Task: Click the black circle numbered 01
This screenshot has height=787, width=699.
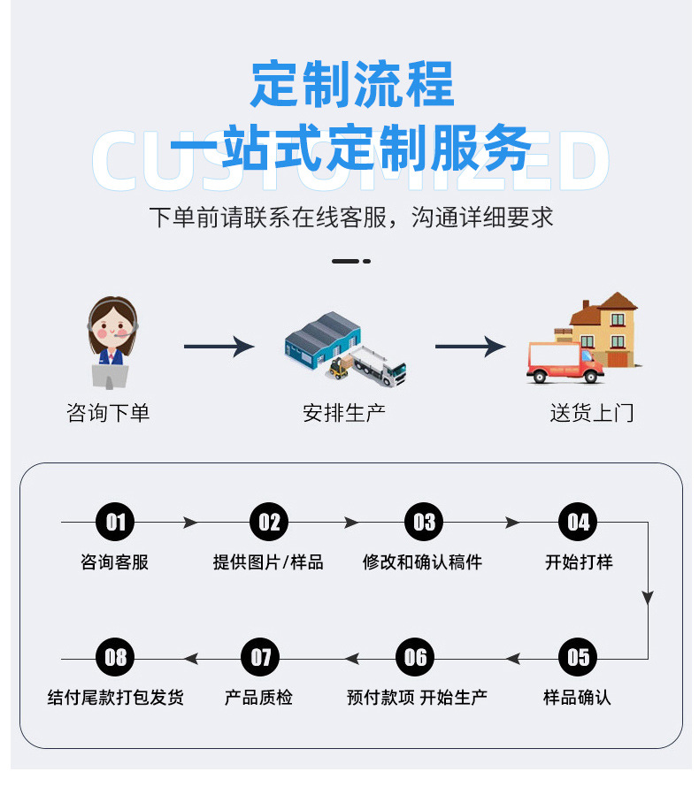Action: (115, 522)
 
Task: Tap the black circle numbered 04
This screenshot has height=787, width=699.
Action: (578, 522)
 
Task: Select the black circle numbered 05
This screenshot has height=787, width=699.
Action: (578, 657)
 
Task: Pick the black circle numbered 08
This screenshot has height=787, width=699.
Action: (115, 657)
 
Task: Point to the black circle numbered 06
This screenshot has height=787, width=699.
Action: (415, 657)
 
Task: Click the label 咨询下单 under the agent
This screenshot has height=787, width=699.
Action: (108, 413)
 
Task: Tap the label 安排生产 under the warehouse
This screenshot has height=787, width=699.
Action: (344, 413)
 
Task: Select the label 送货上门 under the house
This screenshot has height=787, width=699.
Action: (592, 413)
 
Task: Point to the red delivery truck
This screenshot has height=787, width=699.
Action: (565, 363)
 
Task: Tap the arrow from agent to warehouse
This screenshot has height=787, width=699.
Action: (219, 347)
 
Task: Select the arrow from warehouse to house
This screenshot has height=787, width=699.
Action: (470, 347)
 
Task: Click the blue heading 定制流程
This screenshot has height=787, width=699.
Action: (352, 84)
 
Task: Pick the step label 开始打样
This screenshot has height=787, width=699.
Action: (579, 562)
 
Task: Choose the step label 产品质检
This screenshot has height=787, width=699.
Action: (258, 697)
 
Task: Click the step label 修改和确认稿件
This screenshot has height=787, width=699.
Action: (422, 562)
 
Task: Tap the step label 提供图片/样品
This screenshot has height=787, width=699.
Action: (268, 562)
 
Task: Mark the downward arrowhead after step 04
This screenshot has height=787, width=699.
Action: (648, 597)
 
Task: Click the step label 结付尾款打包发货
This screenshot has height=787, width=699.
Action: (116, 697)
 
